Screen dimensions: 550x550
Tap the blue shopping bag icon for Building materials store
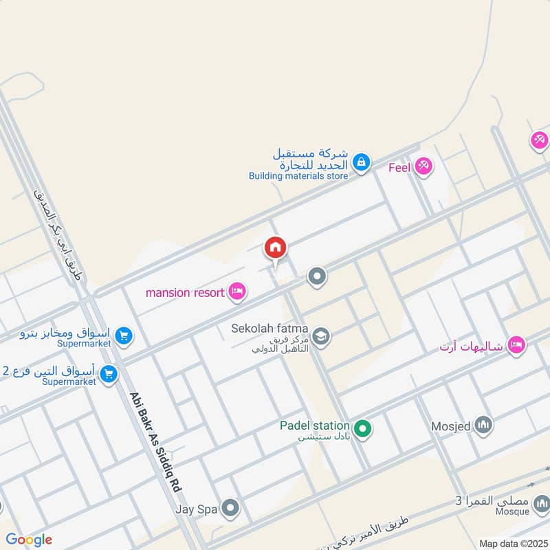pos(360,163)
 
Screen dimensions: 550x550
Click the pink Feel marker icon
pos(423,167)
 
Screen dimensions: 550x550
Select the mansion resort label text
pos(185,292)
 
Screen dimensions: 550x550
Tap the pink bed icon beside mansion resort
pos(237,292)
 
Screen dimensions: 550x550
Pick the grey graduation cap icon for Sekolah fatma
pos(320,336)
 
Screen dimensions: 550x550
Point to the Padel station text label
pos(314,426)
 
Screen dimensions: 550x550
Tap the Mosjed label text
pos(452,426)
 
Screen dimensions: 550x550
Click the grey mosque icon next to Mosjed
pos(484,426)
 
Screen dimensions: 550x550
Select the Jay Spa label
pos(197,509)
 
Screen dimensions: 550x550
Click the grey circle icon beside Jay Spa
pos(230,509)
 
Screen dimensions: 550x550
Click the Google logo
pos(29,540)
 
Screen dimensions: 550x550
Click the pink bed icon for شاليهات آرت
pos(516,345)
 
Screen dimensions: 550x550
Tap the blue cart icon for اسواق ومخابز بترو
pos(124,335)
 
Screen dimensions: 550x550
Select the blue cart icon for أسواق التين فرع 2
pos(108,374)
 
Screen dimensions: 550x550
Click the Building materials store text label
pos(298,176)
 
